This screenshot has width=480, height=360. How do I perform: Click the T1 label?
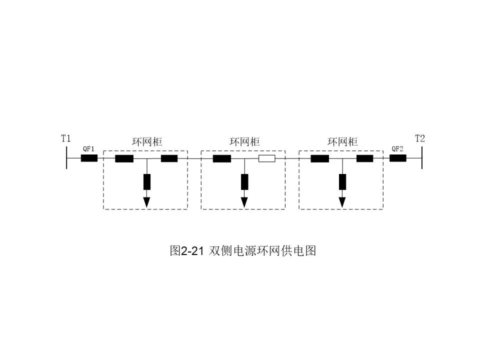[x=65, y=138]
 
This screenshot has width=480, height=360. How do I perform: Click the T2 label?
[x=419, y=138]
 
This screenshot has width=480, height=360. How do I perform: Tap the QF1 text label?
[x=88, y=149]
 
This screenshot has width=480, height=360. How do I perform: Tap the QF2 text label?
[x=397, y=149]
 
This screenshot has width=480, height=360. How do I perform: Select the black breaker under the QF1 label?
[x=89, y=158]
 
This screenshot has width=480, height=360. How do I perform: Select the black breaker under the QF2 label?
[x=398, y=158]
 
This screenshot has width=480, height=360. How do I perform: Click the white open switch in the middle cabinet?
[x=266, y=159]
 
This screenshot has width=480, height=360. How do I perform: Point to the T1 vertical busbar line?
[x=66, y=158]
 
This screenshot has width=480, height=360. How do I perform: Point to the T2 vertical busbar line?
[x=422, y=158]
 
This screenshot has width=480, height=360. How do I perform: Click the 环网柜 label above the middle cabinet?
[x=244, y=142]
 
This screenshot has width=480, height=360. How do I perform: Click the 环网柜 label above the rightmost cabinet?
[x=342, y=142]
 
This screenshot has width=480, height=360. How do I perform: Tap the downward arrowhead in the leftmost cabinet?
[x=146, y=201]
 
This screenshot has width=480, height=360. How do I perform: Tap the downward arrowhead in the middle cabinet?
[x=244, y=201]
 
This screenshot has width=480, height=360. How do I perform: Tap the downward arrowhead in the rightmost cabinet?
[x=342, y=201]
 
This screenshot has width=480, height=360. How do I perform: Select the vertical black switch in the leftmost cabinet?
[x=146, y=181]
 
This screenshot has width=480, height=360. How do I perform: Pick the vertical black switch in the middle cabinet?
[x=244, y=181]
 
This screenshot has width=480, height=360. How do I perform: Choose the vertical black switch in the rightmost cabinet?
[x=342, y=181]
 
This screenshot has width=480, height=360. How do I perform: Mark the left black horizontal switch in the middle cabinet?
[x=221, y=159]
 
